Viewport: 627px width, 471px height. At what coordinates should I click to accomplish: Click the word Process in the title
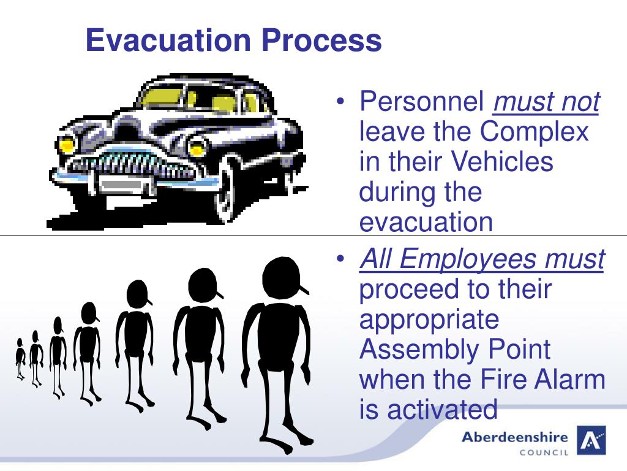pyautogui.click(x=322, y=40)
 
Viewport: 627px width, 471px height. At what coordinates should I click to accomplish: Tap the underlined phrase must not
pyautogui.click(x=546, y=102)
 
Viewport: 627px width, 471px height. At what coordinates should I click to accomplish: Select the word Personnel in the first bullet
pyautogui.click(x=422, y=102)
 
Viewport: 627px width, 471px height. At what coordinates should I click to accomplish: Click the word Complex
pyautogui.click(x=534, y=132)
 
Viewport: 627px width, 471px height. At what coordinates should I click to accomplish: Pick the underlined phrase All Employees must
pyautogui.click(x=482, y=259)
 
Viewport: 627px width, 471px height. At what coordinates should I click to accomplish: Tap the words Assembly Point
pyautogui.click(x=454, y=350)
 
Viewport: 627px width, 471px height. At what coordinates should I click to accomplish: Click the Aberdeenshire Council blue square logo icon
pyautogui.click(x=591, y=440)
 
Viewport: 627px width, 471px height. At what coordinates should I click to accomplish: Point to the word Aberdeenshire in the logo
pyautogui.click(x=514, y=437)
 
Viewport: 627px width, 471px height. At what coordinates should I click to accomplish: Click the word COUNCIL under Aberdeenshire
pyautogui.click(x=544, y=453)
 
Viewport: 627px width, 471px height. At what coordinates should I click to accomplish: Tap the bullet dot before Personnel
pyautogui.click(x=342, y=102)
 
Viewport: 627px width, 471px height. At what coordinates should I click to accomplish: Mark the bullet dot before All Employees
pyautogui.click(x=342, y=260)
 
